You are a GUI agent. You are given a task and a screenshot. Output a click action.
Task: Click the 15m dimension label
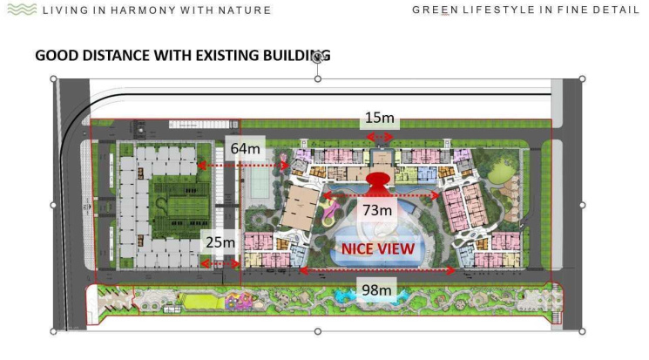tap(380, 118)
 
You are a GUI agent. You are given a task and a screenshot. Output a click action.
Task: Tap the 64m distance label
tap(246, 148)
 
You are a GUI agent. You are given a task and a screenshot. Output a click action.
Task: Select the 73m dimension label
tap(377, 210)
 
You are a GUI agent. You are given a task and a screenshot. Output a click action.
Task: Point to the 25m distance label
tap(220, 242)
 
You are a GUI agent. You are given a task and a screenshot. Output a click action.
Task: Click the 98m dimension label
tap(376, 290)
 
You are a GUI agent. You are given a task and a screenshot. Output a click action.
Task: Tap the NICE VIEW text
tap(378, 249)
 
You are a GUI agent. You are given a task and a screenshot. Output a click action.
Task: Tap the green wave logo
tap(22, 9)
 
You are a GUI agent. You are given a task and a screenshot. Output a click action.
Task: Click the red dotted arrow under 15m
tap(380, 137)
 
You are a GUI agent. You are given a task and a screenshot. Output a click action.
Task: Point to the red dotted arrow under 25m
tap(220, 264)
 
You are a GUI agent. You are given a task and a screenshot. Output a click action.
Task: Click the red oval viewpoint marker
tap(378, 179)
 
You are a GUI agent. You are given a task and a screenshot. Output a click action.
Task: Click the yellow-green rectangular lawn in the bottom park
tap(200, 302)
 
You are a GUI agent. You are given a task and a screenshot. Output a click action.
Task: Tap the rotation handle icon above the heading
tap(317, 58)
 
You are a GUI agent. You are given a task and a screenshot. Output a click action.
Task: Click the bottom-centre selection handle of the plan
tap(317, 331)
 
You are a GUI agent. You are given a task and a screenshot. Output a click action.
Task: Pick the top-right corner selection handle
tap(582, 78)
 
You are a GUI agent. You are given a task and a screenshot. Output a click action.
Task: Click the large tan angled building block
tap(301, 207)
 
